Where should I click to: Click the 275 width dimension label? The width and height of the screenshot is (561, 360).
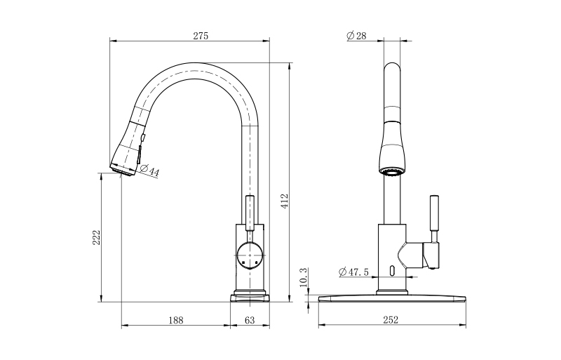[x=201, y=36]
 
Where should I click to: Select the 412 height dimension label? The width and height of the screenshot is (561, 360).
[x=284, y=201]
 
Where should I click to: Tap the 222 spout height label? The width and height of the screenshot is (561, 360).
[x=97, y=237]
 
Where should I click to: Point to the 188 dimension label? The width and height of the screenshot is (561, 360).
[x=176, y=320]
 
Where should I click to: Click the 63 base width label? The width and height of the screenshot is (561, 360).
[x=250, y=320]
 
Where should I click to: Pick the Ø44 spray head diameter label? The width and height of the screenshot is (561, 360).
[x=149, y=171]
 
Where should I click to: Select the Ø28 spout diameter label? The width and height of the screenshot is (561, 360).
[x=357, y=36]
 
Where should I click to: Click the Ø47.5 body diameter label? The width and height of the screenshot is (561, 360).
[x=353, y=272]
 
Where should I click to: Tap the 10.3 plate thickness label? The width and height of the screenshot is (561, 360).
[x=303, y=278]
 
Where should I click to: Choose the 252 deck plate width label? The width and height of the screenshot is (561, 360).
[x=391, y=319]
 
